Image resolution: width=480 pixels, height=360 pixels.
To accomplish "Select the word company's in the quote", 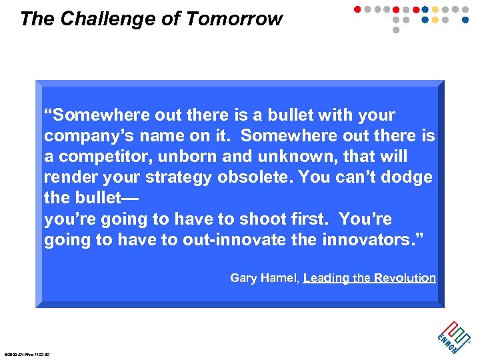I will pyautogui.click(x=87, y=137).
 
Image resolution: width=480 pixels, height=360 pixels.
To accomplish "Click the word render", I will pyautogui.click(x=68, y=177).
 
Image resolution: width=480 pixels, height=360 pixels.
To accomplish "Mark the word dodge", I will pyautogui.click(x=407, y=177).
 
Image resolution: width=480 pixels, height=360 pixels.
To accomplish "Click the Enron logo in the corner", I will pyautogui.click(x=454, y=333).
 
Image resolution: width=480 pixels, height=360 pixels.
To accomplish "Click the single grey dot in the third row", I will pyautogui.click(x=396, y=30).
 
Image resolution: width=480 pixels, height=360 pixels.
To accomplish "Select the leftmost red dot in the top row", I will pyautogui.click(x=357, y=10).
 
